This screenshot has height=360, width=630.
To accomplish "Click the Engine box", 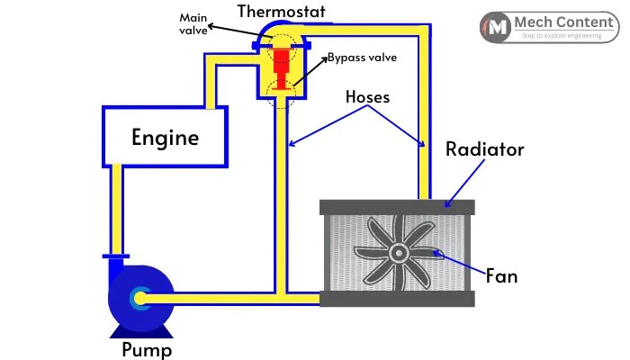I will pyautogui.click(x=165, y=137).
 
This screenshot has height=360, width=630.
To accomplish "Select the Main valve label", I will pyautogui.click(x=192, y=25).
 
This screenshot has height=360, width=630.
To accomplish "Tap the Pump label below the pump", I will pyautogui.click(x=147, y=349).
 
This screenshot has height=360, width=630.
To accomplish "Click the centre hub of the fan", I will pyautogui.click(x=397, y=255).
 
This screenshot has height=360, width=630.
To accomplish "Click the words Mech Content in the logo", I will pyautogui.click(x=565, y=21).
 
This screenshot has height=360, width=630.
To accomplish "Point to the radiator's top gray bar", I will pyautogui.click(x=397, y=207).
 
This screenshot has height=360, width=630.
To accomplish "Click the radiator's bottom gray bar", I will pyautogui.click(x=397, y=300).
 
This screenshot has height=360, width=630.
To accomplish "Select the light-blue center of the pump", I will pyautogui.click(x=141, y=297).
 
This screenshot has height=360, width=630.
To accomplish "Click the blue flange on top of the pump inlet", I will pyautogui.click(x=116, y=257).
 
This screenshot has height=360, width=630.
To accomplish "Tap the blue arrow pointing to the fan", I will pyautogui.click(x=459, y=262).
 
